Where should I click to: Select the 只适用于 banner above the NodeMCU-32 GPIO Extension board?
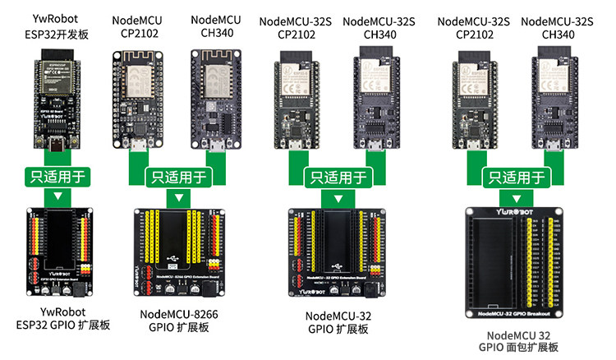coord(337,176)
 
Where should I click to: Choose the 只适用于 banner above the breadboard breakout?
coord(517,176)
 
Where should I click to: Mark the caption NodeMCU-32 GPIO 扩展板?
coord(337,322)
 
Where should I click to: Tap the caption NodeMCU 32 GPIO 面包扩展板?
coord(517,341)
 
